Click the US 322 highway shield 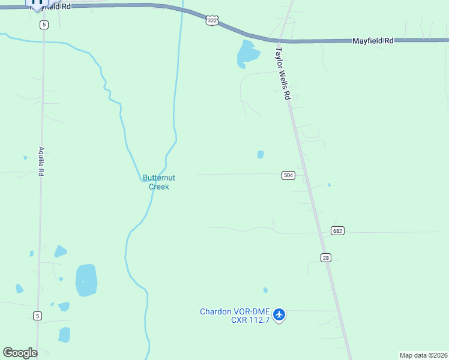(x=212, y=21)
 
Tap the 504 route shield (x=288, y=175)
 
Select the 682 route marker (x=337, y=231)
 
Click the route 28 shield (x=326, y=257)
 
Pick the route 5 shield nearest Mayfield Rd (x=44, y=25)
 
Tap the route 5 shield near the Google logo (x=38, y=316)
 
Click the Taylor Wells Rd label (x=283, y=74)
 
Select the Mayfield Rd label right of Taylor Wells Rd (x=372, y=41)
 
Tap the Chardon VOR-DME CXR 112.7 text (x=235, y=316)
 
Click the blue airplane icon (x=279, y=314)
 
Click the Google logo (x=20, y=353)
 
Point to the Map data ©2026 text (x=423, y=355)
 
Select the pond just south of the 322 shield (x=247, y=54)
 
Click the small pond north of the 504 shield (x=261, y=155)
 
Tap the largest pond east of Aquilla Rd (x=86, y=280)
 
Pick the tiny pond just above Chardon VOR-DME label (x=265, y=290)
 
